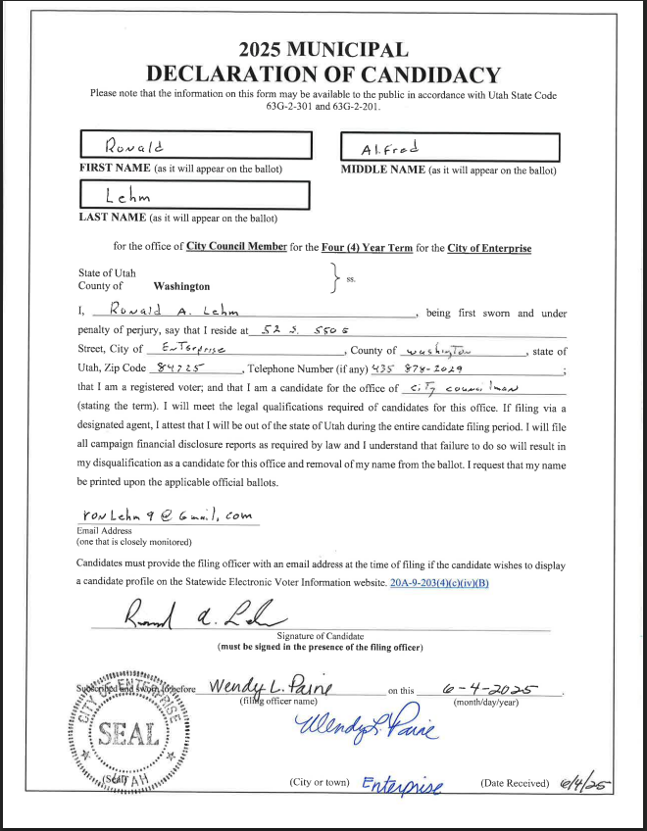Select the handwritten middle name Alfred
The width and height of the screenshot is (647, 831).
pos(389,148)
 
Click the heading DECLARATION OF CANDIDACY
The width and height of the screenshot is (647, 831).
pos(323,74)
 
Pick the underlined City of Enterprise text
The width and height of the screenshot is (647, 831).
pos(489,248)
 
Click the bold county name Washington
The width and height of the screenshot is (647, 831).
pos(181,286)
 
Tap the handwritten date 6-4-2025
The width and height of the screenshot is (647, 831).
pos(489,689)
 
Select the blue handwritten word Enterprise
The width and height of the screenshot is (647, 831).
pos(403,784)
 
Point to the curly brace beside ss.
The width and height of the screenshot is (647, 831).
pos(336,278)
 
